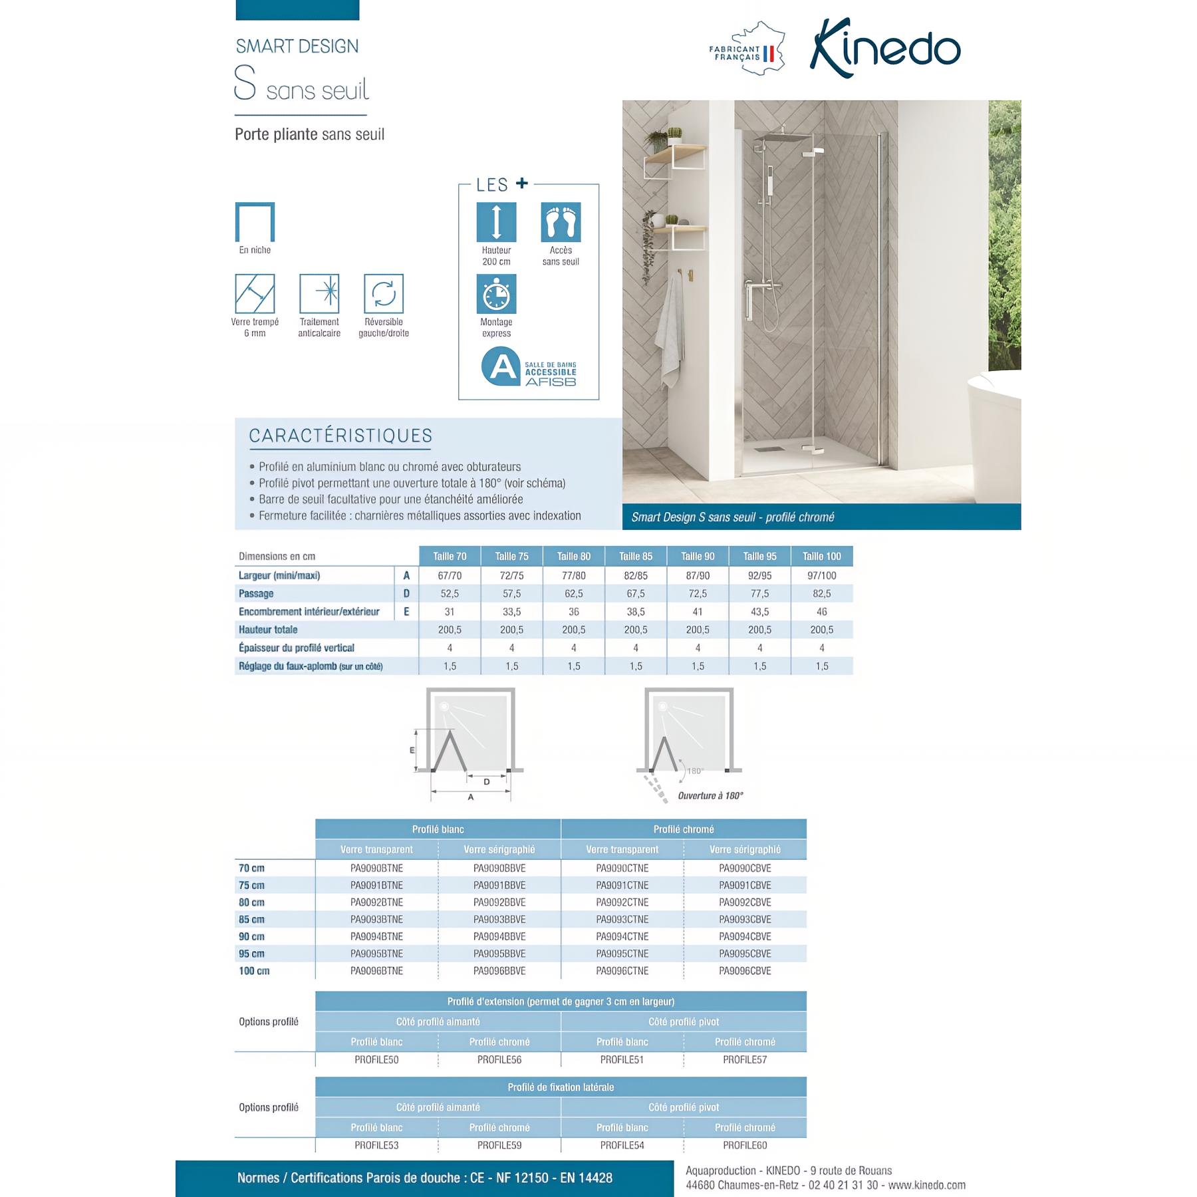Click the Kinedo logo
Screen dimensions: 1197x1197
click(884, 49)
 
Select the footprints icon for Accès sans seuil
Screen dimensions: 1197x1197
click(561, 222)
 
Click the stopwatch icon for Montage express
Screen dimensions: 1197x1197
click(496, 294)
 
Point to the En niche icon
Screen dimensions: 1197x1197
click(255, 222)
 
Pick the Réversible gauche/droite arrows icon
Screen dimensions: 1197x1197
click(384, 293)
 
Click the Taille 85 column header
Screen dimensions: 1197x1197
click(636, 557)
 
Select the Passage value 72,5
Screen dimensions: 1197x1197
click(698, 594)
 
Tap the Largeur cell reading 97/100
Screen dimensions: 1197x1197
click(822, 576)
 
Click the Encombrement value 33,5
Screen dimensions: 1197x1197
click(511, 612)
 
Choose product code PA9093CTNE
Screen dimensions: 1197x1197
click(622, 920)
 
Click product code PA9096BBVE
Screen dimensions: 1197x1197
click(499, 971)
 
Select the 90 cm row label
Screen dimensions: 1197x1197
click(252, 937)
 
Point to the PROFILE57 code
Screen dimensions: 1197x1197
click(745, 1060)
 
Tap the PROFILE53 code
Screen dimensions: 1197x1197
click(376, 1145)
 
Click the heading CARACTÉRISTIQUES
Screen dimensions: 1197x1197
click(340, 436)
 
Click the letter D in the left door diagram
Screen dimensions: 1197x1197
click(487, 782)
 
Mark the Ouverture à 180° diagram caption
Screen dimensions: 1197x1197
click(710, 796)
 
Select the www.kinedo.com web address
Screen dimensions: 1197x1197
click(926, 1185)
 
